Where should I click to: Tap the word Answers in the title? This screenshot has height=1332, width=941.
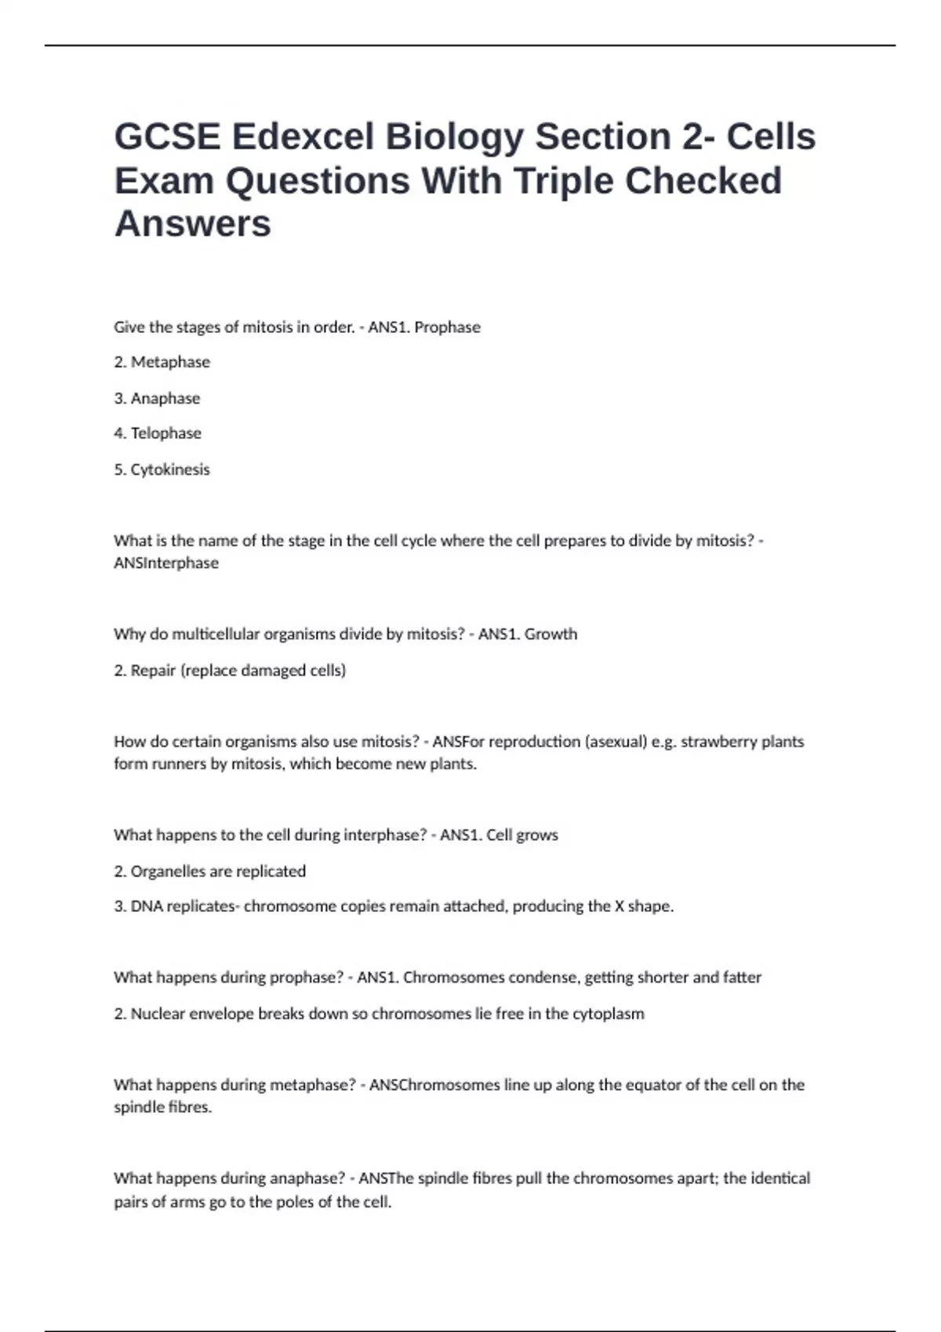193,224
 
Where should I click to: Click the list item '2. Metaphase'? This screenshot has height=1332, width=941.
162,362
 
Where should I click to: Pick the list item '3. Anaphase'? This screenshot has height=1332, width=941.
157,398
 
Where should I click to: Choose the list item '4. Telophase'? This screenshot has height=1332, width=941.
158,433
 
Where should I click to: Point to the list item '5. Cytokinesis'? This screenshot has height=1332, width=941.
162,469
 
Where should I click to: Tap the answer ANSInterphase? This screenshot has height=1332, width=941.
166,563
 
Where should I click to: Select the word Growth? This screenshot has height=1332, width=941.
550,634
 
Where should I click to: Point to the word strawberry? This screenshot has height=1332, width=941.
718,741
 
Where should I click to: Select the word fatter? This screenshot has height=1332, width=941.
742,978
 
